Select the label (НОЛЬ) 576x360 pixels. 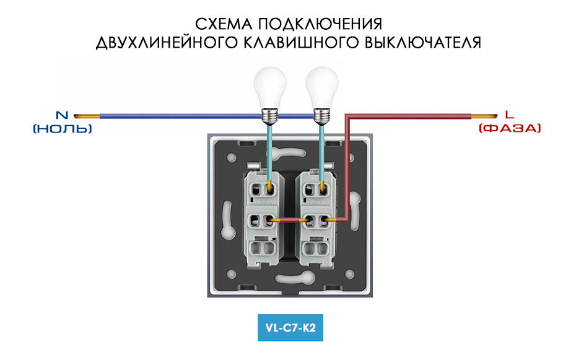coord(63,128)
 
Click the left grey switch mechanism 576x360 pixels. coord(261,214)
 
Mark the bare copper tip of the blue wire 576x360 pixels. coord(87,116)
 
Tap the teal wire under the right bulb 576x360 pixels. coord(321,149)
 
